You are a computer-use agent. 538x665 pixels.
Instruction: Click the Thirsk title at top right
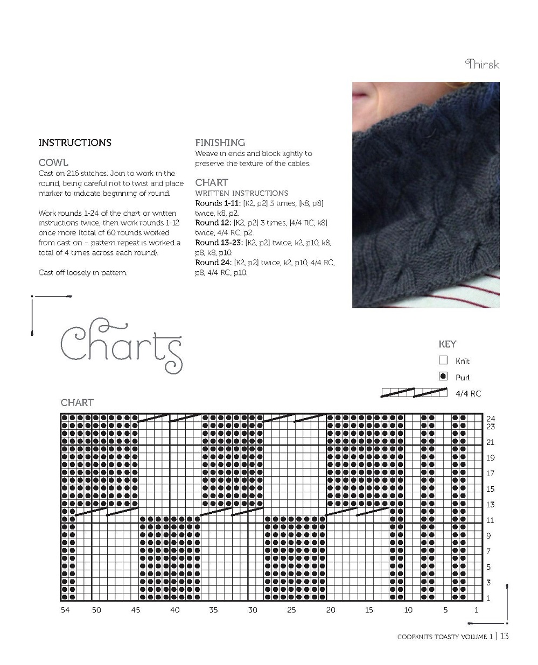[x=482, y=65]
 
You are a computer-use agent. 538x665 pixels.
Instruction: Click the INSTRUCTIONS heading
[x=75, y=143]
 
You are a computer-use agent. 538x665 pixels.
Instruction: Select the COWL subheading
[x=53, y=162]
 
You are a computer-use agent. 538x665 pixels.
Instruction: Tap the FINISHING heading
[x=220, y=143]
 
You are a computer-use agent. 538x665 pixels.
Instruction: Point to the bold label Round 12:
[x=213, y=223]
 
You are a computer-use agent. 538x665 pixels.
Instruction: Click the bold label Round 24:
[x=213, y=263]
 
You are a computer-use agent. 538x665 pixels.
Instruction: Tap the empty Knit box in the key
[x=443, y=360]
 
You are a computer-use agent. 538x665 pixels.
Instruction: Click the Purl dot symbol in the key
[x=443, y=376]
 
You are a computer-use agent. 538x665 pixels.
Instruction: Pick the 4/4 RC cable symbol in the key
[x=414, y=393]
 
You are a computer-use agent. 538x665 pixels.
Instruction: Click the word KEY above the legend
[x=447, y=344]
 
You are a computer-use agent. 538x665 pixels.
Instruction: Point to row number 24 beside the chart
[x=491, y=419]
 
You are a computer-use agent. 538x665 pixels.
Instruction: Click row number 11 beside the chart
[x=491, y=520]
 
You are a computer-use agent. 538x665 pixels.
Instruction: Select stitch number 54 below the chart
[x=65, y=610]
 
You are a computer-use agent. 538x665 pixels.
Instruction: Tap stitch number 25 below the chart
[x=291, y=610]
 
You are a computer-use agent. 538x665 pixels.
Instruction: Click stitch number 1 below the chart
[x=476, y=610]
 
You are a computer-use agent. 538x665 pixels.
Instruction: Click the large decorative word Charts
[x=121, y=344]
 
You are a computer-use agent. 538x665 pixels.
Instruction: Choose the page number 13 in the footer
[x=504, y=636]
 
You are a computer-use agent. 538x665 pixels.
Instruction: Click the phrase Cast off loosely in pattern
[x=83, y=273]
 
